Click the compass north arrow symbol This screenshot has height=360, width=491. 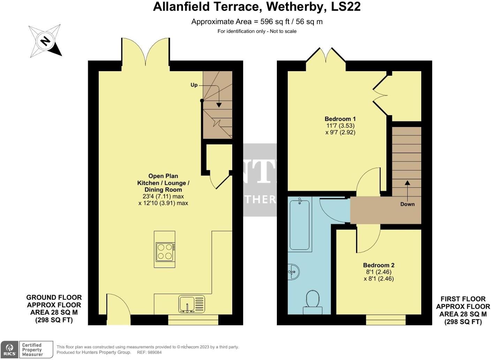coord(45,41)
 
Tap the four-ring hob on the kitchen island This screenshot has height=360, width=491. coord(165,252)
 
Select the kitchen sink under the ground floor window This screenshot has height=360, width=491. coord(192,304)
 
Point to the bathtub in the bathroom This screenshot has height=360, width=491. coord(299,224)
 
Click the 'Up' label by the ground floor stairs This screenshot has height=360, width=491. coord(194,85)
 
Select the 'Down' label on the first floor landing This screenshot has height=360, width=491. coord(407,204)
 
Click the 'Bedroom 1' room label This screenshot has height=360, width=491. coord(340,119)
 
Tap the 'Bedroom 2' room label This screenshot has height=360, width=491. coord(378,265)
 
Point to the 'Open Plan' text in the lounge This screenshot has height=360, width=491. coord(163,176)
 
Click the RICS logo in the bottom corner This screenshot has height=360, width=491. coord(9,349)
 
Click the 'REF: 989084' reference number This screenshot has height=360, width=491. coord(150,352)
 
